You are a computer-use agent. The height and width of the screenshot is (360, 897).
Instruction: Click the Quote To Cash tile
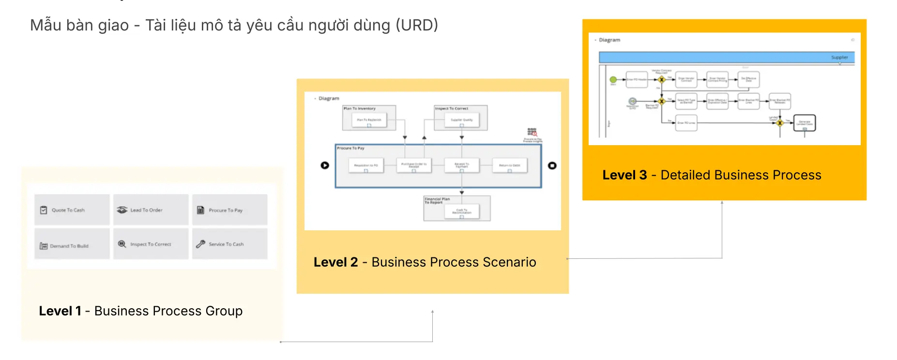coord(72,210)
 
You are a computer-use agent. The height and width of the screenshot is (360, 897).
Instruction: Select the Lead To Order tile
coord(151,210)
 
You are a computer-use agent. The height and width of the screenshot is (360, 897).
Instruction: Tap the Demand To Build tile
coord(72,245)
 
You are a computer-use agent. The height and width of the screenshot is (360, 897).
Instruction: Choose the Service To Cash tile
coord(229,244)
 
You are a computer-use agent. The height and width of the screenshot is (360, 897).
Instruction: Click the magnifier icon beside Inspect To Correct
coord(122,244)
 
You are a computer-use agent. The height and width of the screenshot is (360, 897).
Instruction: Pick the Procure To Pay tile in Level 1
coord(229,210)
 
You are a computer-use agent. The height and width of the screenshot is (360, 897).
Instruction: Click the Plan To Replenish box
coord(369,120)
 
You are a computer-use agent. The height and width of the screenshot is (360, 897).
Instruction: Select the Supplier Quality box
coord(461,120)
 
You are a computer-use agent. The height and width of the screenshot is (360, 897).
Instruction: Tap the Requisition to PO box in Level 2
coord(366,165)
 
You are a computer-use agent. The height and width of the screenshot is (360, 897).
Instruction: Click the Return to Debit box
coord(509,165)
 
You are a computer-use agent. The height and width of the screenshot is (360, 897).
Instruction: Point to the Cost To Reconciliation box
coord(461,211)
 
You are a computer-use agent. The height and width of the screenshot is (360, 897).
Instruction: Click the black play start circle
coord(325,165)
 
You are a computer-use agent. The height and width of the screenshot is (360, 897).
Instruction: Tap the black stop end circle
coord(552,165)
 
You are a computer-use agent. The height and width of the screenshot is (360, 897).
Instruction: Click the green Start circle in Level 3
coord(613,79)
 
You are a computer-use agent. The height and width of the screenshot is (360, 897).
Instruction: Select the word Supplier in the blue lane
coord(839,57)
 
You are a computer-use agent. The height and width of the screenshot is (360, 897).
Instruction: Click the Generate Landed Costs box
coord(805,123)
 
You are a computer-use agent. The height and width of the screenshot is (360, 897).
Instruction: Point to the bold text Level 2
coord(335,262)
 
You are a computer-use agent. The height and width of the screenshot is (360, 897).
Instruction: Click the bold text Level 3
coord(624,175)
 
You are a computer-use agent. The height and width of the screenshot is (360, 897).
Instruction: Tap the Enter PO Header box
coord(637,79)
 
